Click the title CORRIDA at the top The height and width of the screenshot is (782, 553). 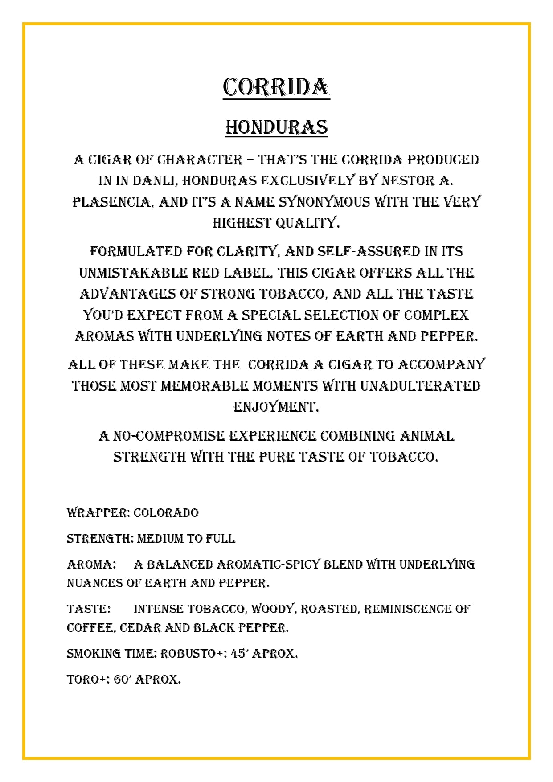pos(276,87)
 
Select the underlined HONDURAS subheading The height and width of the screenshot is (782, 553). pos(276,127)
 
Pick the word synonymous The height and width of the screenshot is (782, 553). pos(324,202)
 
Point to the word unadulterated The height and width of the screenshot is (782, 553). pos(420,386)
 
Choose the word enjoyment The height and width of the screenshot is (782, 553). pos(276,407)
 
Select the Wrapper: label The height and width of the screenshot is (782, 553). pos(98,513)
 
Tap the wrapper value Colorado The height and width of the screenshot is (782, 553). pos(166,513)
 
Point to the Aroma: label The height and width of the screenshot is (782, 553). pos(91,565)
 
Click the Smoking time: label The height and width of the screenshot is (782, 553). pos(111,654)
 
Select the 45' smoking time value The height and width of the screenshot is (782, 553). pos(239,654)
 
